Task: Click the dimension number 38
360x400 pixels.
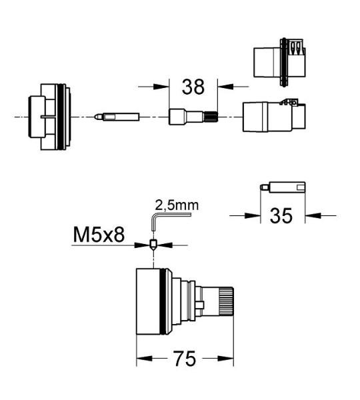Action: pos(193,87)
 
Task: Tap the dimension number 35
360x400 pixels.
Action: pos(281,216)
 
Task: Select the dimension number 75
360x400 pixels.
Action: pos(185,359)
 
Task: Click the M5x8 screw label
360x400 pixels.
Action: pos(99,235)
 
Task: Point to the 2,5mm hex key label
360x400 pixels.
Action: pos(177,205)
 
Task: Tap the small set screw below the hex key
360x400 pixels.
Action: pos(153,245)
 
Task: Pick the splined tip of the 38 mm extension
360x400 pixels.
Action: pos(211,117)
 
